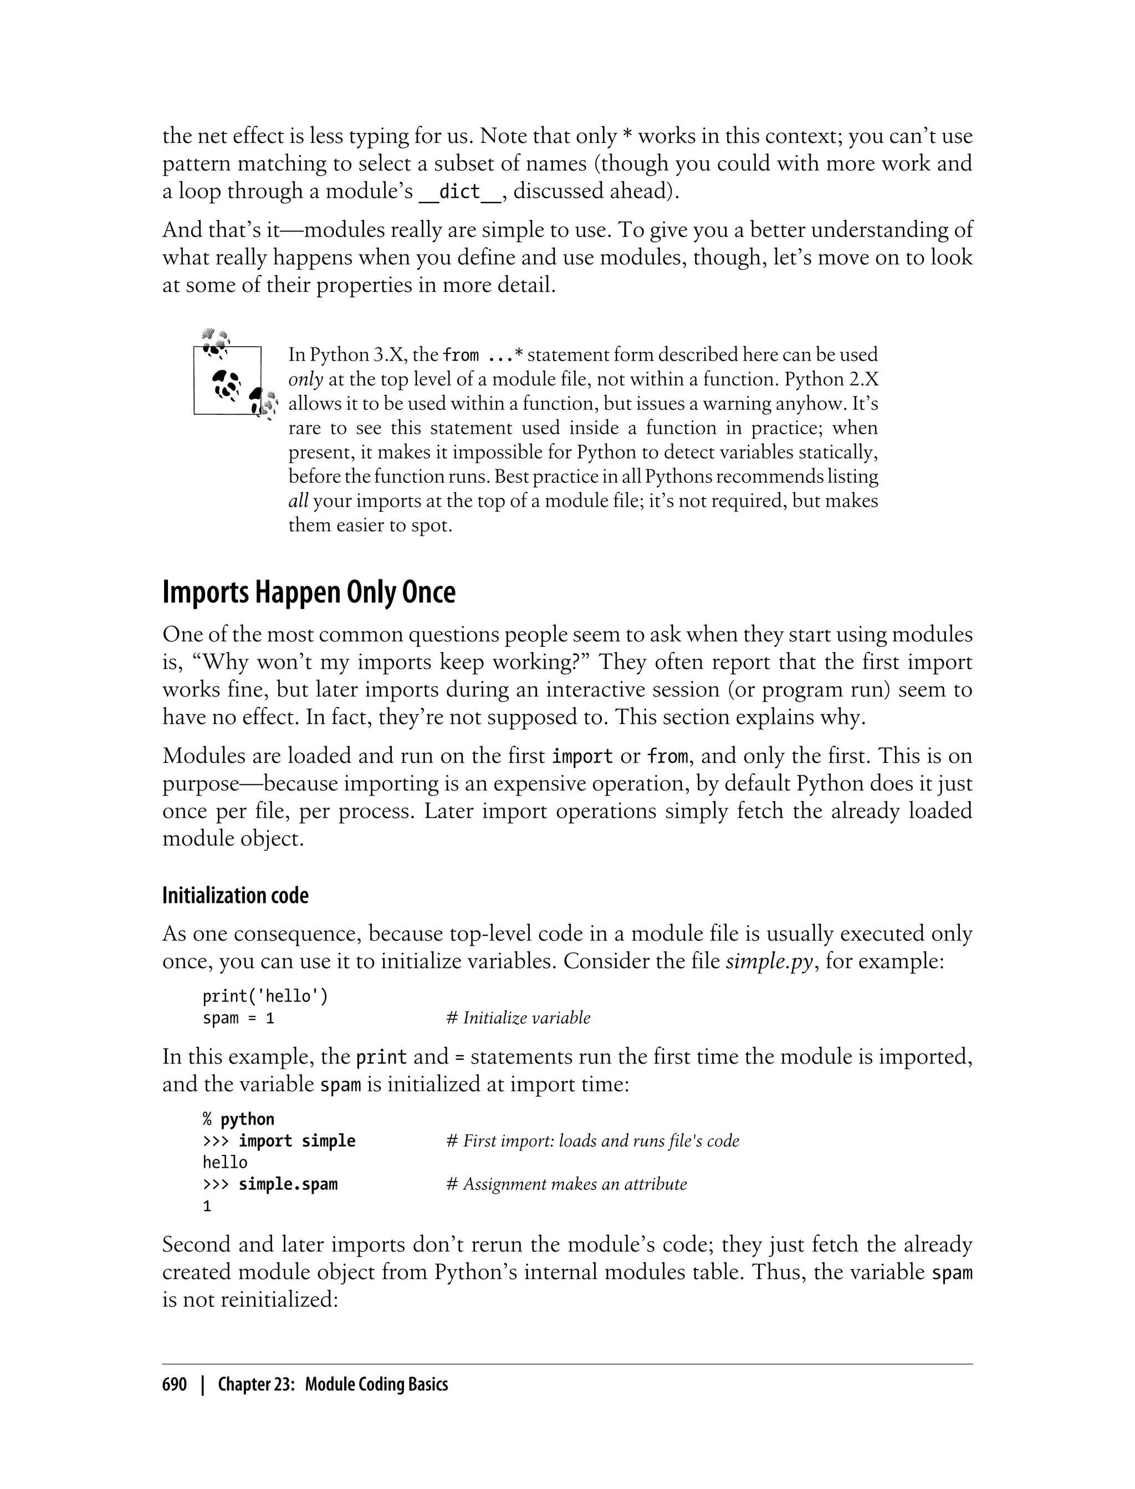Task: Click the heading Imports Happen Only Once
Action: [x=309, y=592]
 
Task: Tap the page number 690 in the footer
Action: [x=175, y=1384]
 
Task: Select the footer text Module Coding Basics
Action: [x=376, y=1384]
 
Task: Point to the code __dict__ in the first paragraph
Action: [x=460, y=192]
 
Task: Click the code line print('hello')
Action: [x=265, y=996]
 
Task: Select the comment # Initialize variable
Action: [x=518, y=1018]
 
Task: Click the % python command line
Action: [x=238, y=1119]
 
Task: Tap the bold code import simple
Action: [x=296, y=1141]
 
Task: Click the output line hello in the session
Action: [x=225, y=1162]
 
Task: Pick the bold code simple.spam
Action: [x=288, y=1184]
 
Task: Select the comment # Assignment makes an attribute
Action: [x=566, y=1184]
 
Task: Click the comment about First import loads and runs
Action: [x=592, y=1141]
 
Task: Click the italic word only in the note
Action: [x=305, y=379]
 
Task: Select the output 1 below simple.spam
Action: [x=207, y=1206]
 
